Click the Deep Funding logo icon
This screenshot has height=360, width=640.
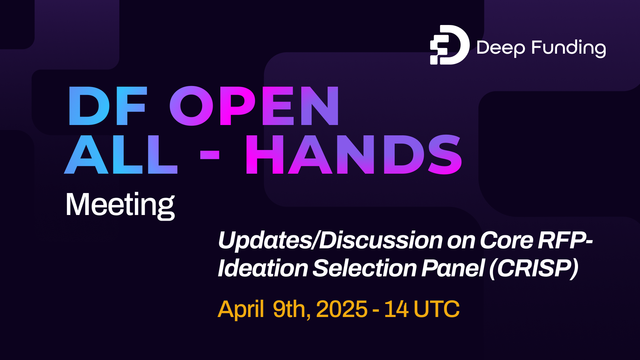449,45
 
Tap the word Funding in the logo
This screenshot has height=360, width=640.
569,48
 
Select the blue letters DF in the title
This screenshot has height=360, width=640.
107,106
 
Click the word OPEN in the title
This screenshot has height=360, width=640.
255,106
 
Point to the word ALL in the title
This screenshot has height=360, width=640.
121,155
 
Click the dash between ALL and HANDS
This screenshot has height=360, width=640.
210,155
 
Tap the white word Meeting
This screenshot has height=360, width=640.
120,205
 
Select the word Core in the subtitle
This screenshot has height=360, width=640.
507,240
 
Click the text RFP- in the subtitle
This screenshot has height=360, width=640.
566,240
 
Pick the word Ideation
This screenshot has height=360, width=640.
263,268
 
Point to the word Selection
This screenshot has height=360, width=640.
365,268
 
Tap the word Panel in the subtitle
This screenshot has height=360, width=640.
453,268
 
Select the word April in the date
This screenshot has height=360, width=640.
241,309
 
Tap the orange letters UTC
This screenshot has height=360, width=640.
437,309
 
